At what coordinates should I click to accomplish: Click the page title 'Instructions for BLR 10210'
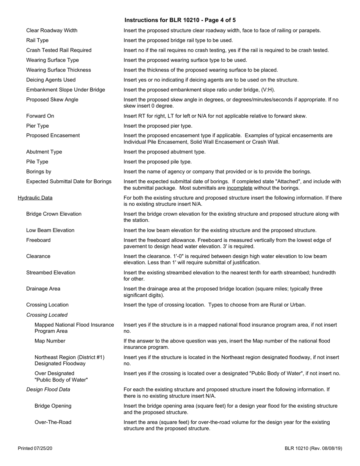point(180,20)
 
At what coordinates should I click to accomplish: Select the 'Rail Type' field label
point(37,40)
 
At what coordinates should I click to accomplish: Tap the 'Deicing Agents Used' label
point(51,80)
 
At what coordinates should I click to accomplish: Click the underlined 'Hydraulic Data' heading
point(35,198)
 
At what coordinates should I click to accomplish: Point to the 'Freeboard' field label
point(38,240)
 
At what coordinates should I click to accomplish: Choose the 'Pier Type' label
point(38,126)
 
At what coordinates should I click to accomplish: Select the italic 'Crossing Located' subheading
point(47,315)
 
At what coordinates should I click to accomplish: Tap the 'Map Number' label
point(50,341)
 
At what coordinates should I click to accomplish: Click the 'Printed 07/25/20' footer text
point(35,449)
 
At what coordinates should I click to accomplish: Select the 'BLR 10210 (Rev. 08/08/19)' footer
point(313,449)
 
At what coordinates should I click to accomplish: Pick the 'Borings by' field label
point(39,172)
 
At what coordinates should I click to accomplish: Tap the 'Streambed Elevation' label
point(51,273)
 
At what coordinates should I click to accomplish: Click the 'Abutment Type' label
point(44,152)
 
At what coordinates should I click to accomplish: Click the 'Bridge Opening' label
point(53,406)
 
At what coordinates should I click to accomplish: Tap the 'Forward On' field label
point(40,116)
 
